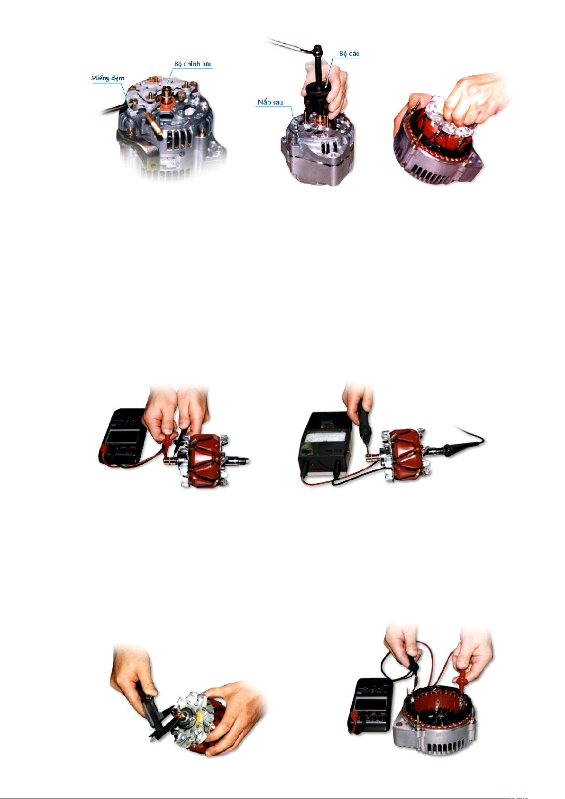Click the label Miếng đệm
click(x=108, y=78)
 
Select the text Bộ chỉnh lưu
click(x=192, y=64)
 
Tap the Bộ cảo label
click(x=349, y=54)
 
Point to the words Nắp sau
click(x=270, y=102)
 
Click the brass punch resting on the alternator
click(x=154, y=123)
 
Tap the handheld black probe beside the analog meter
click(x=365, y=424)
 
